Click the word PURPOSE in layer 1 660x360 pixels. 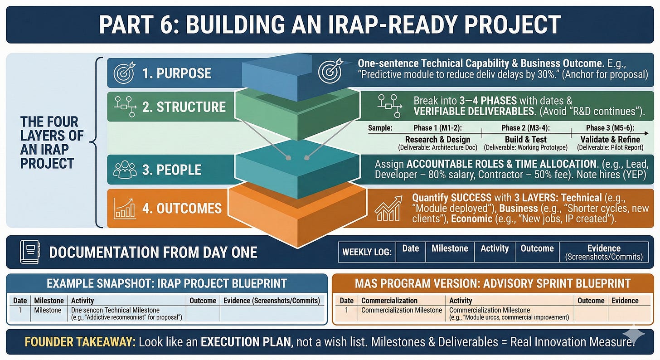[x=184, y=73]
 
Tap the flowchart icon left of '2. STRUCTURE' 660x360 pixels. [x=126, y=105]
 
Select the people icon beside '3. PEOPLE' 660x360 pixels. [x=125, y=170]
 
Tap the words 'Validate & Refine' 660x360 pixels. [x=610, y=139]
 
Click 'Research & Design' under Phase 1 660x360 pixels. [x=437, y=139]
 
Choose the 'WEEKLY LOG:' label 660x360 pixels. [x=367, y=252]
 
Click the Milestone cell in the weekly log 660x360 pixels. [x=449, y=248]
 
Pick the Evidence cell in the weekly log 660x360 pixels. [x=604, y=252]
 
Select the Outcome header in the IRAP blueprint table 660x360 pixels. [x=203, y=301]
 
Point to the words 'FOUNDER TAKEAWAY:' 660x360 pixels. [x=80, y=341]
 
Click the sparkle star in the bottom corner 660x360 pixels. [x=633, y=336]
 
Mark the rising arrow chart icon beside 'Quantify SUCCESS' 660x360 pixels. [x=388, y=208]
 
